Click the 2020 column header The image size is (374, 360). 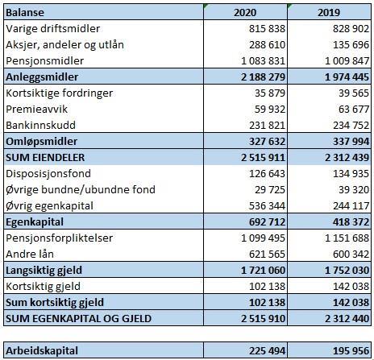coord(245,13)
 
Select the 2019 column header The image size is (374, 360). coord(329,13)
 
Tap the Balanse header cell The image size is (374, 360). coord(25,13)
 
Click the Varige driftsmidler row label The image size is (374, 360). coord(53,29)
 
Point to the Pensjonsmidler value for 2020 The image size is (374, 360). coord(263,61)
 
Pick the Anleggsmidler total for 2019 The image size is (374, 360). coord(347,77)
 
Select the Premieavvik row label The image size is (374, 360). coord(36,110)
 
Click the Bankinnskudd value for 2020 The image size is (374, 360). coord(267,126)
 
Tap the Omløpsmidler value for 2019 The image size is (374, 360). coord(351,142)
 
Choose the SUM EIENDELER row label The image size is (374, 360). coord(45,158)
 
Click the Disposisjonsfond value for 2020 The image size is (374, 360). coord(267,174)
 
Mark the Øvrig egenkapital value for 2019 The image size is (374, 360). coord(351,206)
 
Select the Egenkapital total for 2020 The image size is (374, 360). coord(267,222)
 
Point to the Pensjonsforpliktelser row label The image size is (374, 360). coord(59,238)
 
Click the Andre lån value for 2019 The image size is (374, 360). coord(351,254)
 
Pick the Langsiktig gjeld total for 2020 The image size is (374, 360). coord(263,271)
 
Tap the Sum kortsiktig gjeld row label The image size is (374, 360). coord(55,303)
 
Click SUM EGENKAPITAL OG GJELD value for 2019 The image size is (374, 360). coord(347,319)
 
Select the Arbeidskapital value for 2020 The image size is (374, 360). coord(267,351)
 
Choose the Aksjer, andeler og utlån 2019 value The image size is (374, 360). coord(351,45)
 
